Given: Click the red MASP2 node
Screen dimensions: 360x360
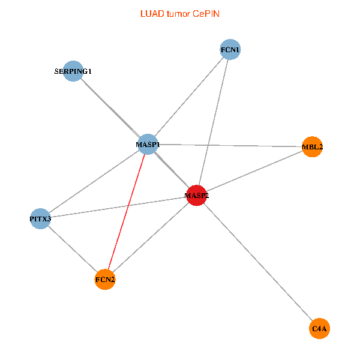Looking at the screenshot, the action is (x=197, y=195).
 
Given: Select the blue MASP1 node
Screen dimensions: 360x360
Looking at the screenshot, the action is (x=148, y=145).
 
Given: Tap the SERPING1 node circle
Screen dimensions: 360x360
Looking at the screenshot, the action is (x=73, y=71).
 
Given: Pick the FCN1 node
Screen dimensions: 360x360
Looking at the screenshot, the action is (x=230, y=49).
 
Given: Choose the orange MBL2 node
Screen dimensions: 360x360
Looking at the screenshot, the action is (x=312, y=147).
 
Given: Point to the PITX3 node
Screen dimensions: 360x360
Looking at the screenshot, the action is (x=40, y=219).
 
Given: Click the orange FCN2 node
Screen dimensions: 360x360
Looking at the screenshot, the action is (x=105, y=280).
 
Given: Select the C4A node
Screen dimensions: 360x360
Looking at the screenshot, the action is (x=320, y=329).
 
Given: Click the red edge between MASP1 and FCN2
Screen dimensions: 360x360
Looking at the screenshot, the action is (x=126, y=213).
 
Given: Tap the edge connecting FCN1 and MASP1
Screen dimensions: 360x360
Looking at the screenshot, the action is (x=189, y=97).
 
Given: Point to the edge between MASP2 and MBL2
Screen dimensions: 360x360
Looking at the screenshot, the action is (x=254, y=171).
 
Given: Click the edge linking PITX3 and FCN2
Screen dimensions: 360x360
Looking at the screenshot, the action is (x=73, y=250).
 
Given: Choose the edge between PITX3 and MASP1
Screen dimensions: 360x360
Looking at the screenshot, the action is (x=93, y=182).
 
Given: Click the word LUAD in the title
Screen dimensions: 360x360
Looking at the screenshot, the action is (x=151, y=13).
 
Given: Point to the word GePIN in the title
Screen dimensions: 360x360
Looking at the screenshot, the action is (x=206, y=13).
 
